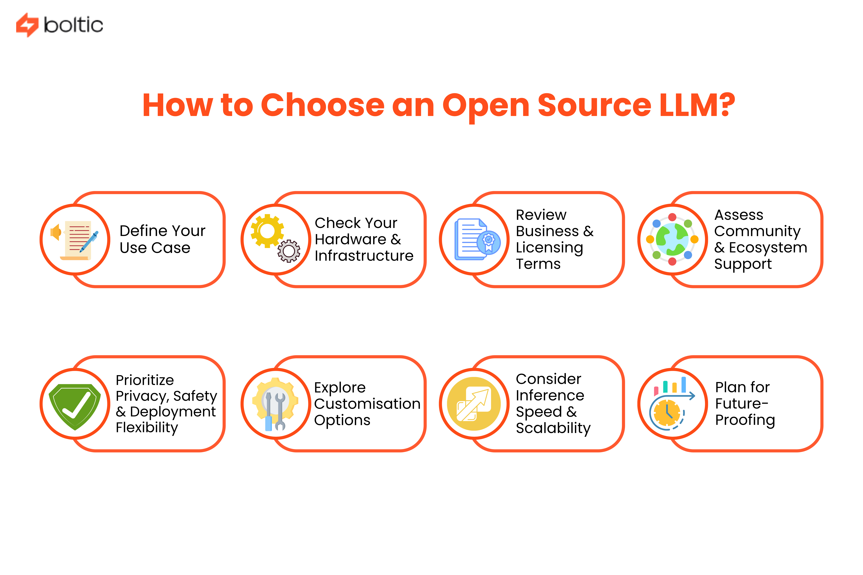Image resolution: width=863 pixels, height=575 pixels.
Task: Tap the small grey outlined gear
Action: [289, 251]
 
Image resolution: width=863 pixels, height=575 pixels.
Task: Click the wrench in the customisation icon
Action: [280, 411]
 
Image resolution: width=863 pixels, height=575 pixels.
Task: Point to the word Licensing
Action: [549, 248]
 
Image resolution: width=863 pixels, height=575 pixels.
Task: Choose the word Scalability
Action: [553, 428]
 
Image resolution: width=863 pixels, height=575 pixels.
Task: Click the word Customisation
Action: [367, 404]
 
